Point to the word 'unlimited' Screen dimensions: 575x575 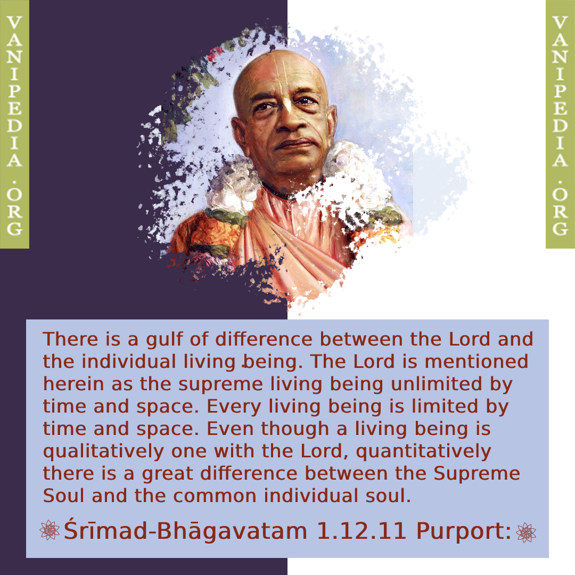[x=437, y=384]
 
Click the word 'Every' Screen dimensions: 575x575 [x=234, y=407]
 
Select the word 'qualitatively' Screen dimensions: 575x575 [x=103, y=452]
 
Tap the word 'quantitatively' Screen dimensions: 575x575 [x=424, y=452]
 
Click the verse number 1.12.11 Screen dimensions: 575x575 [x=361, y=531]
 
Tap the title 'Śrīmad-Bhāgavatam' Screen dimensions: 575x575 [x=186, y=531]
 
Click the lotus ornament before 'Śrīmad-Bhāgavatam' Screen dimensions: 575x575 [x=50, y=530]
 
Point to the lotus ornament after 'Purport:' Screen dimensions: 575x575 [x=526, y=532]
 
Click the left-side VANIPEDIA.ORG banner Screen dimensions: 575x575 [x=14, y=124]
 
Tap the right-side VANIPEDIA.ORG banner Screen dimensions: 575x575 [x=560, y=124]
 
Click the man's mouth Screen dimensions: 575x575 [x=293, y=144]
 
